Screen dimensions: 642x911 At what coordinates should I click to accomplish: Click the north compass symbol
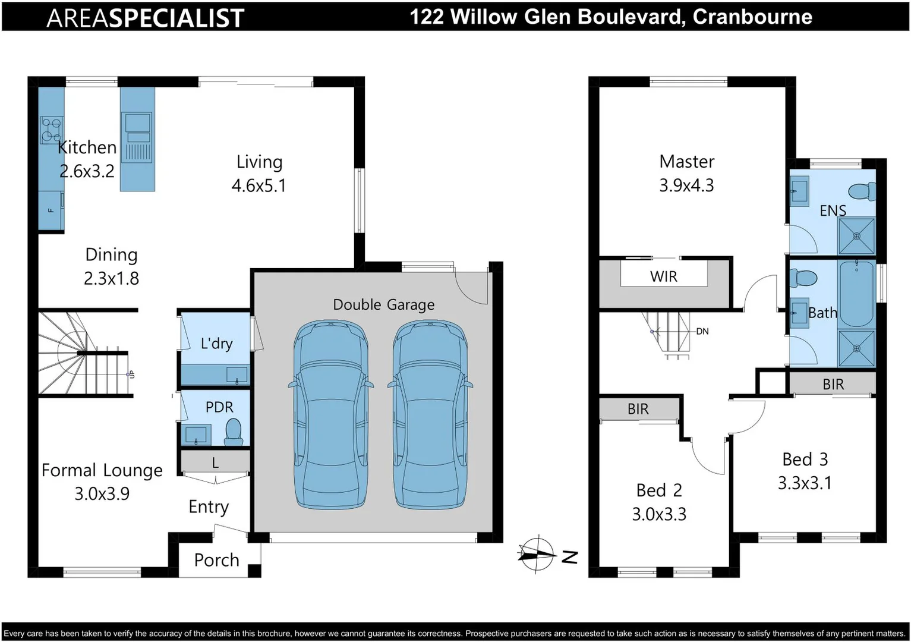[x=537, y=554]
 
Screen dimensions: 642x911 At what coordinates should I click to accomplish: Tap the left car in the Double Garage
[x=331, y=414]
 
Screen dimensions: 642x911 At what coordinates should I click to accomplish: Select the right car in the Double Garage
[x=430, y=414]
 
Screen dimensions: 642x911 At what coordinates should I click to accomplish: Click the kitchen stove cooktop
[x=51, y=130]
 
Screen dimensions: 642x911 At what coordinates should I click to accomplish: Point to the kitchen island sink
[x=137, y=123]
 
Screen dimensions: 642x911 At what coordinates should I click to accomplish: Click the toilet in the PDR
[x=233, y=432]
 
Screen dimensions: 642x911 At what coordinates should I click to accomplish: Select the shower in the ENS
[x=856, y=236]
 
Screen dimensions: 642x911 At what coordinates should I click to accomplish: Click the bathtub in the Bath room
[x=856, y=294]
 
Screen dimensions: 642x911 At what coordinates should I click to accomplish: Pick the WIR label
[x=664, y=276]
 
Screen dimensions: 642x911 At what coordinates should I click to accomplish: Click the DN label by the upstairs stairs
[x=702, y=331]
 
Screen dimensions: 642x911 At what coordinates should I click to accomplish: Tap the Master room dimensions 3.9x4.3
[x=686, y=185]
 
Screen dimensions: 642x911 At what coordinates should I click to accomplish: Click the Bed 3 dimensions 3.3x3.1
[x=805, y=483]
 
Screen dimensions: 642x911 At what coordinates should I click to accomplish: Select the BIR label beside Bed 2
[x=638, y=409]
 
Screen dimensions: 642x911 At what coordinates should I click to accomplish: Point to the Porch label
[x=216, y=560]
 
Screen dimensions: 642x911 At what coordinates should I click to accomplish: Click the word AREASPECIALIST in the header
[x=145, y=18]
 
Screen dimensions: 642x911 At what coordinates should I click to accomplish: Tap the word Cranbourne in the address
[x=752, y=17]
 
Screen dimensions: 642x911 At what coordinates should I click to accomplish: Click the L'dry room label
[x=216, y=344]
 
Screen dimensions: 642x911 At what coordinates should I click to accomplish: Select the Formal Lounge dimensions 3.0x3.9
[x=102, y=493]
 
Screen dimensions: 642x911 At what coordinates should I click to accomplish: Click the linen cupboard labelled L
[x=215, y=462]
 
